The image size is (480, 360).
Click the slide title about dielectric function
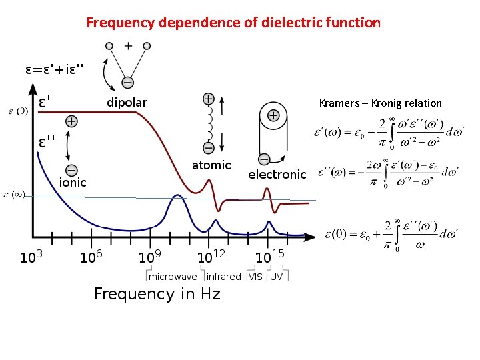pyautogui.click(x=233, y=23)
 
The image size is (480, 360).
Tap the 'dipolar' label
pyautogui.click(x=127, y=103)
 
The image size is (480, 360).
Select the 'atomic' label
pyautogui.click(x=211, y=165)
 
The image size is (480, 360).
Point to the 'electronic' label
pyautogui.click(x=277, y=175)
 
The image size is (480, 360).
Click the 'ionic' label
pyautogui.click(x=73, y=182)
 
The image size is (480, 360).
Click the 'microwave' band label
pyautogui.click(x=173, y=277)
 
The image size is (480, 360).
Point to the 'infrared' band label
pyautogui.click(x=223, y=277)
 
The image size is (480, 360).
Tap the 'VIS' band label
pyautogui.click(x=255, y=277)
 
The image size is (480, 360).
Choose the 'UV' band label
pyautogui.click(x=276, y=277)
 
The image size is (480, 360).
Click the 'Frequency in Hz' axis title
pyautogui.click(x=157, y=294)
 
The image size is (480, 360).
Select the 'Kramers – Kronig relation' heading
pyautogui.click(x=380, y=103)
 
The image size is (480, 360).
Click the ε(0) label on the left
pyautogui.click(x=17, y=111)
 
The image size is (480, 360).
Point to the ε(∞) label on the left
pyautogui.click(x=15, y=195)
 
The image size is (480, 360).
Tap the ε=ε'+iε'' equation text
pyautogui.click(x=55, y=69)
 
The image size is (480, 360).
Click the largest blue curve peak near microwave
pyautogui.click(x=177, y=195)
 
